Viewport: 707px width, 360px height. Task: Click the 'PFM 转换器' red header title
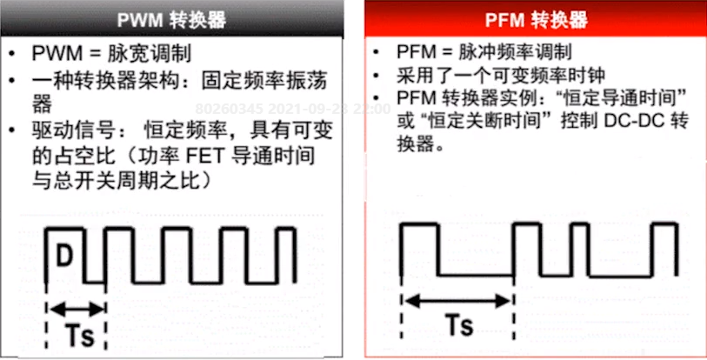coord(534,19)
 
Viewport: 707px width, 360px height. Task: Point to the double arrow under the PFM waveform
coord(455,300)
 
